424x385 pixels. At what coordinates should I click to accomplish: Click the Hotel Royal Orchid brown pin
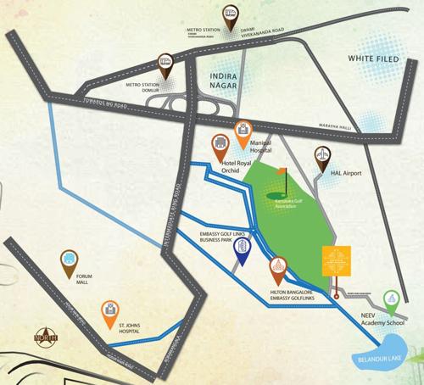coord(219,143)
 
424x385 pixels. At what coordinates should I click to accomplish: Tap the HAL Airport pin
coord(322,155)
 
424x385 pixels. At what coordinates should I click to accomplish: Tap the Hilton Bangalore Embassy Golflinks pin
coord(277,270)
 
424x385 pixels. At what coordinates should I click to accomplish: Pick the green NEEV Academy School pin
coord(390,299)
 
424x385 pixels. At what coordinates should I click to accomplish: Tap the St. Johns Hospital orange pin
coord(109,310)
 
